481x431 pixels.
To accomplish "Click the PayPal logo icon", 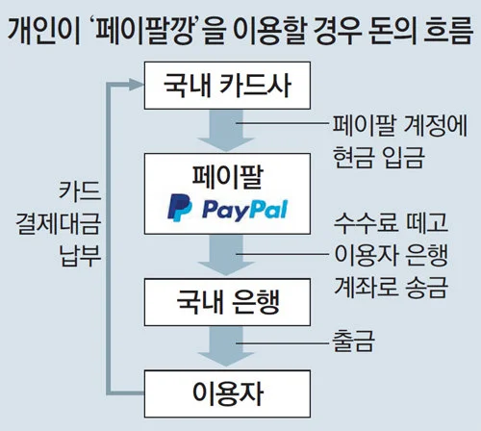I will coord(178,207).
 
